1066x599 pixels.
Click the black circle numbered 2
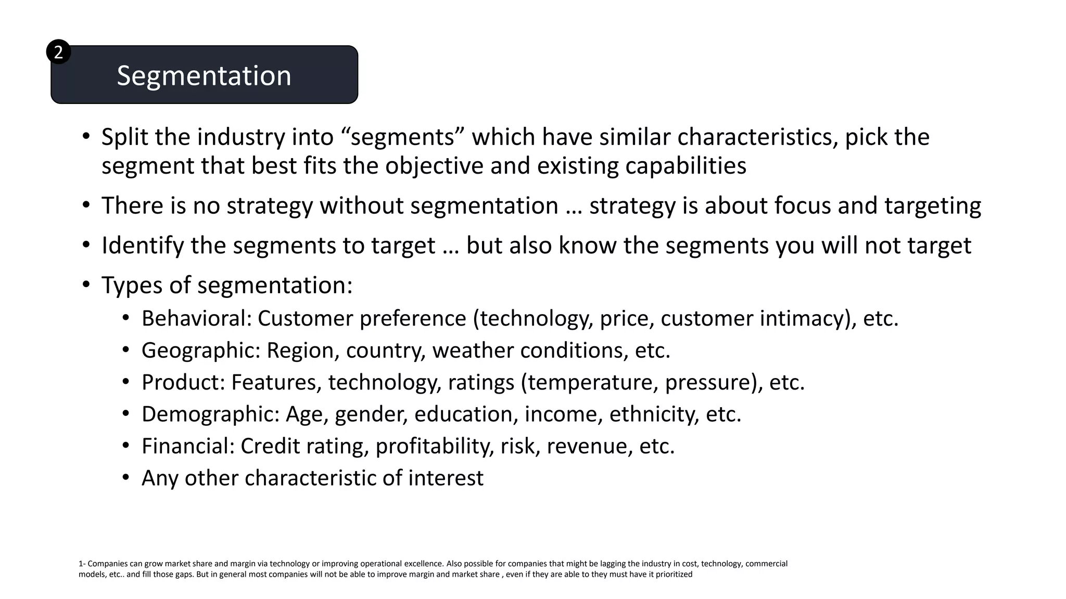coord(58,52)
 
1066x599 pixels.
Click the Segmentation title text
coord(204,76)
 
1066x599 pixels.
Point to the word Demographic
coord(210,414)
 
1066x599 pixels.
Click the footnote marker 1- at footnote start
coord(82,564)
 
